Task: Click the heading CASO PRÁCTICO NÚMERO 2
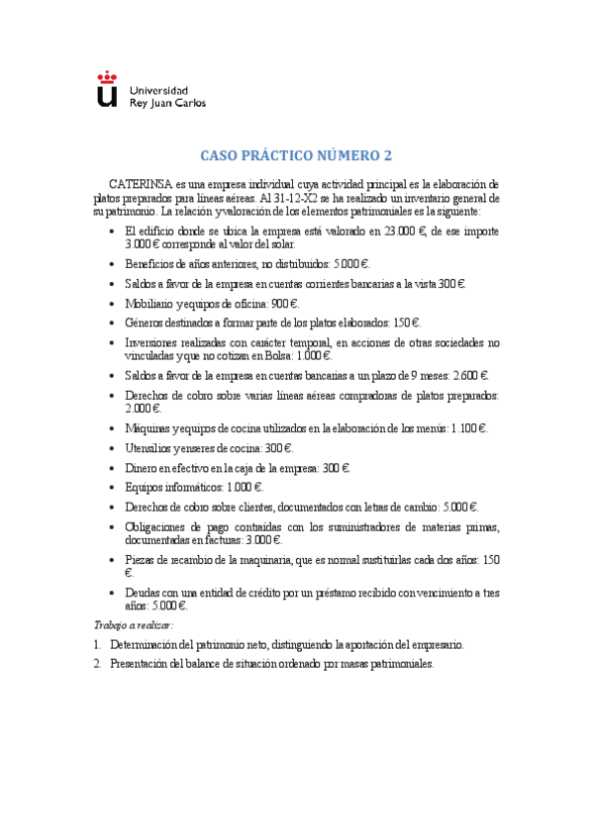coord(296,156)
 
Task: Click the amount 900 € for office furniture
coord(284,304)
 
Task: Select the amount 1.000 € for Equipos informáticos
coord(243,488)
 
